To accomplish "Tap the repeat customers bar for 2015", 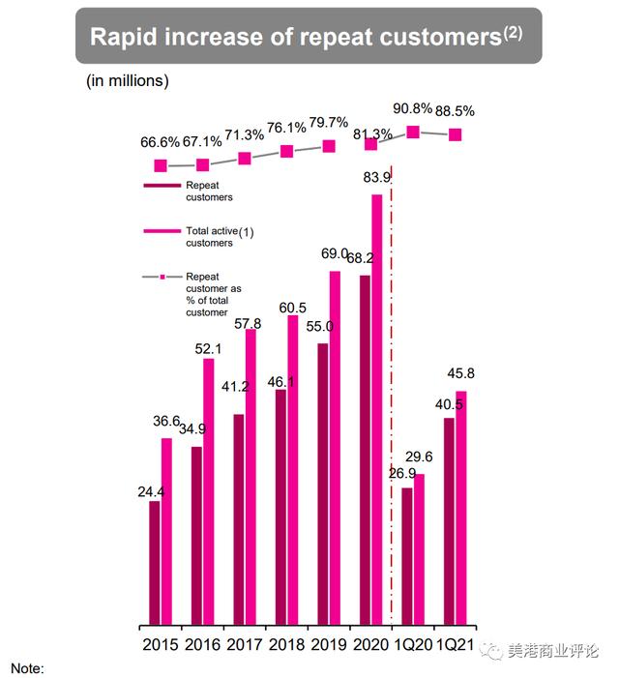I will point(155,561).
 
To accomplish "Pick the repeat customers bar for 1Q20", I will point(407,555).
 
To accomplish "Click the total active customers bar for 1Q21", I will point(461,507).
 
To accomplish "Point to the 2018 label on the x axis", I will point(287,643).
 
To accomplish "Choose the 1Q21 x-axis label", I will point(457,643).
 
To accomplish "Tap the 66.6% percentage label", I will point(161,143).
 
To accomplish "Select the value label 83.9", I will point(377,178).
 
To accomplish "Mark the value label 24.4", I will point(151,491).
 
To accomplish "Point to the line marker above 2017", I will point(245,158).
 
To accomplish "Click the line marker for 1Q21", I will point(455,134).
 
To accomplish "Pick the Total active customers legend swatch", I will point(162,230).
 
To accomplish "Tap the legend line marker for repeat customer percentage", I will point(162,278).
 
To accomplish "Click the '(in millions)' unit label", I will point(127,80).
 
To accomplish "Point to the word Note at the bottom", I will point(27,668).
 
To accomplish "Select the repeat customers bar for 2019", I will point(323,483).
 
